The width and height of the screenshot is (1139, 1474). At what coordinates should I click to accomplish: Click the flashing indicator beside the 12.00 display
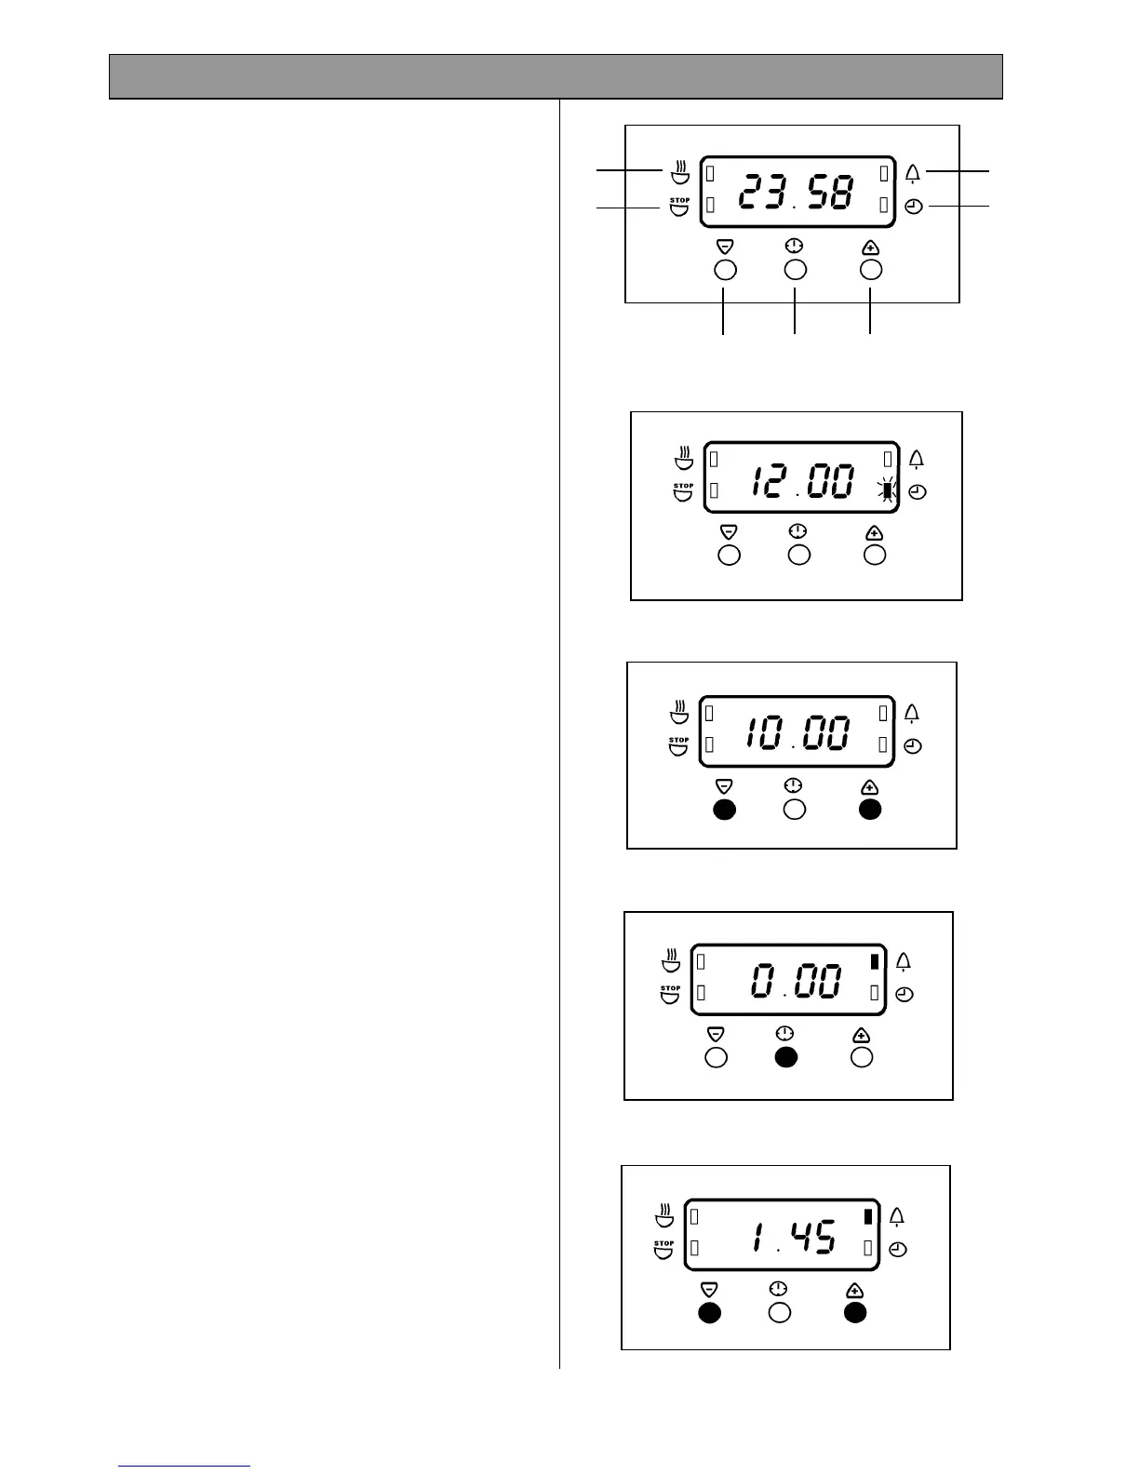tap(887, 491)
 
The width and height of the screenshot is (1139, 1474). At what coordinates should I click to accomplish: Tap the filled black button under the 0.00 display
tap(786, 1057)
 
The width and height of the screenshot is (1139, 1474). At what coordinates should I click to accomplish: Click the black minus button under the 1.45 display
tap(710, 1312)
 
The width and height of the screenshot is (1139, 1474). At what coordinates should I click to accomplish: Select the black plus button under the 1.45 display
tap(855, 1312)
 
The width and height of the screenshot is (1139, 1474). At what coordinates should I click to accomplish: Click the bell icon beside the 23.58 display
tap(913, 173)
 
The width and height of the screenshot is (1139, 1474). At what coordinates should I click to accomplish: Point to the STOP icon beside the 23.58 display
tap(680, 207)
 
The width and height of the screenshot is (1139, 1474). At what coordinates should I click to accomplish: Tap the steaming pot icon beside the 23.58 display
tap(680, 172)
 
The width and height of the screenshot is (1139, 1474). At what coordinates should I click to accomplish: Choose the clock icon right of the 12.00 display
tap(918, 493)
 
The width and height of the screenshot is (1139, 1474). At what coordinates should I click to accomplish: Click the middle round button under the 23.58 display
tap(796, 270)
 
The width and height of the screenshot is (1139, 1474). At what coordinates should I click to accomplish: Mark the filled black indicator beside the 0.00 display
tap(874, 962)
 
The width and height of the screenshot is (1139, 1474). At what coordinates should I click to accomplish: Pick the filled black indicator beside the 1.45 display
tap(867, 1216)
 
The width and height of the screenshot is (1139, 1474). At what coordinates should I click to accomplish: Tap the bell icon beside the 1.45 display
tap(897, 1216)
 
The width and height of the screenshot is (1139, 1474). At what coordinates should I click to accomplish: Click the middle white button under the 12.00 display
tap(799, 556)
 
